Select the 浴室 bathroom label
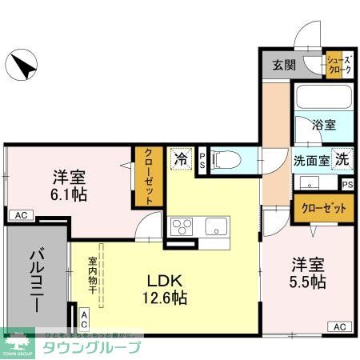(323, 125)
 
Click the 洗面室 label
(311, 159)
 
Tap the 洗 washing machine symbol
(342, 158)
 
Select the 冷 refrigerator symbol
(180, 158)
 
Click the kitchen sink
(216, 225)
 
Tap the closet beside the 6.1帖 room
(148, 178)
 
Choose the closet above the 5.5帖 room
(324, 210)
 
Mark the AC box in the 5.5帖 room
(338, 326)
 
